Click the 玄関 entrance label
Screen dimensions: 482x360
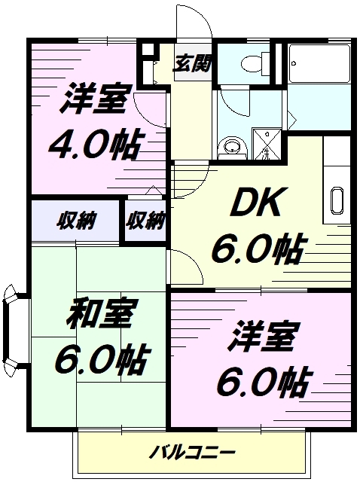click(x=193, y=63)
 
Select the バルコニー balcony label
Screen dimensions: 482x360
click(x=193, y=453)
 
